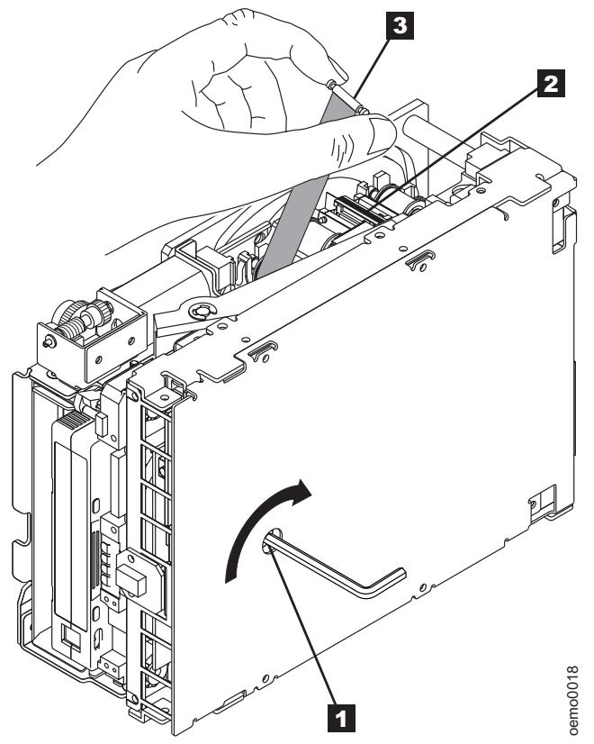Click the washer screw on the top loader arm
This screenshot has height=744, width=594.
tap(202, 312)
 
